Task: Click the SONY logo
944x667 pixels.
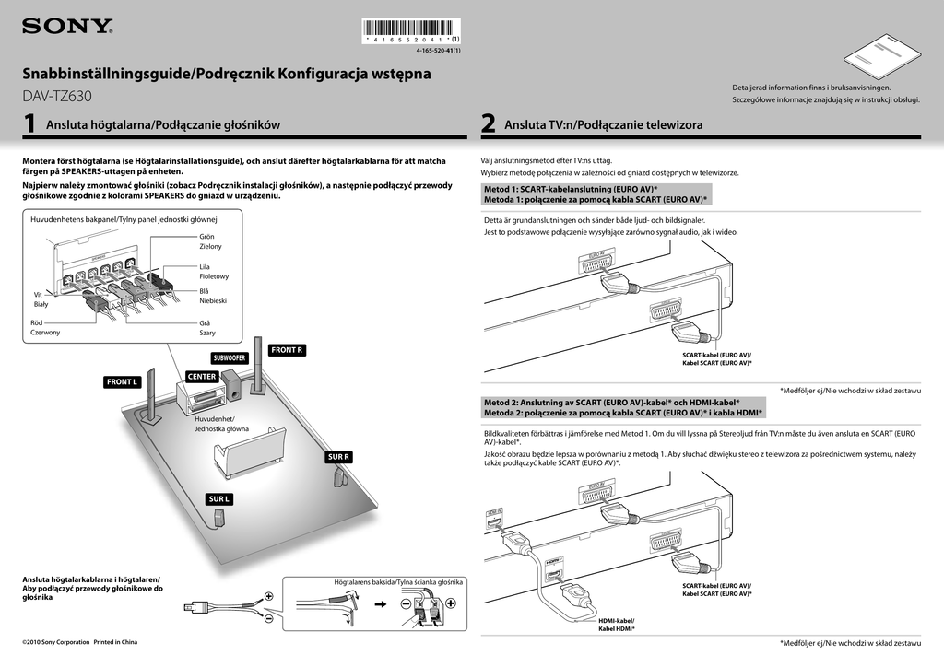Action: coord(67,27)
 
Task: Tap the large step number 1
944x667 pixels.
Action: coord(30,124)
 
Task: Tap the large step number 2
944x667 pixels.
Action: coord(489,124)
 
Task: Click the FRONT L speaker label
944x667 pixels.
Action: coord(122,381)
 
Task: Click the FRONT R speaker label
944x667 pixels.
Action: coord(287,350)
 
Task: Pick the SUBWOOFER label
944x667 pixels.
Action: coord(230,357)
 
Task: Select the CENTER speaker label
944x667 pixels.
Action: coord(202,377)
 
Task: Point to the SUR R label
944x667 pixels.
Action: coord(338,457)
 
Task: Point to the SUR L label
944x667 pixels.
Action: coord(218,498)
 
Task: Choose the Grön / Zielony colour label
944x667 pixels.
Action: coord(210,241)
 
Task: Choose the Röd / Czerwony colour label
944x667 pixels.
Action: coord(45,327)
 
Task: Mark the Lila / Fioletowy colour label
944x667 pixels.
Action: coord(214,271)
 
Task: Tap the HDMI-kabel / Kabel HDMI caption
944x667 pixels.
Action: coord(617,625)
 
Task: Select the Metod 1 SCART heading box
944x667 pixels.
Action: coord(596,193)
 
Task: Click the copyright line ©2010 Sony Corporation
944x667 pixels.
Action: coord(79,642)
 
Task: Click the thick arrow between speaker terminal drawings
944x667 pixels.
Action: coord(381,604)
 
